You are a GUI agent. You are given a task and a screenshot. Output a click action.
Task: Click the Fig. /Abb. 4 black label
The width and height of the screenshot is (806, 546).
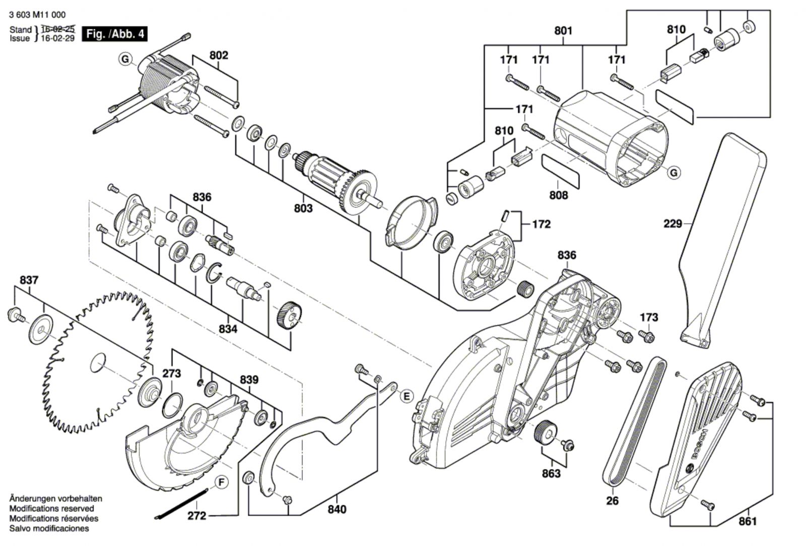pyautogui.click(x=115, y=34)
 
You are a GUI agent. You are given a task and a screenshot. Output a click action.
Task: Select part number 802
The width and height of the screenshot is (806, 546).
pyautogui.click(x=219, y=55)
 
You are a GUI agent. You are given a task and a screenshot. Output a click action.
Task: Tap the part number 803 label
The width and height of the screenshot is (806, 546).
pyautogui.click(x=303, y=208)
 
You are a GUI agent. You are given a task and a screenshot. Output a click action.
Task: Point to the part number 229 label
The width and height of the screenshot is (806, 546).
pyautogui.click(x=673, y=223)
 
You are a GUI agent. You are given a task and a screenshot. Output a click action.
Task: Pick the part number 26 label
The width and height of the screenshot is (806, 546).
pyautogui.click(x=613, y=501)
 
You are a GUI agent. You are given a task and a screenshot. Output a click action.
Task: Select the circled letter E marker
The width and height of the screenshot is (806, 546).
pyautogui.click(x=407, y=396)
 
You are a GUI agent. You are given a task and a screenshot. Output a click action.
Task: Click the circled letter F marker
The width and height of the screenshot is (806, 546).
pyautogui.click(x=220, y=483)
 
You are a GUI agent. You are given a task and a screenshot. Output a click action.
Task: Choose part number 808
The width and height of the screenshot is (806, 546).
pyautogui.click(x=558, y=195)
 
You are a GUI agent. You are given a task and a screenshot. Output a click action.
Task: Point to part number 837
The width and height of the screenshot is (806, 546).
pyautogui.click(x=29, y=280)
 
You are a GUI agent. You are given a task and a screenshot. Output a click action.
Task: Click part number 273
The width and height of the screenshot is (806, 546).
pyautogui.click(x=171, y=374)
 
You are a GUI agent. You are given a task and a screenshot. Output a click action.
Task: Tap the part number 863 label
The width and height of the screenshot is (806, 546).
pyautogui.click(x=551, y=474)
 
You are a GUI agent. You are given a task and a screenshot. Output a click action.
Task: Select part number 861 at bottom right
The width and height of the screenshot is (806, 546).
pyautogui.click(x=748, y=521)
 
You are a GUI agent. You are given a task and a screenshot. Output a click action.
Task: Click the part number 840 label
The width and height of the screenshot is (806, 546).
pyautogui.click(x=337, y=510)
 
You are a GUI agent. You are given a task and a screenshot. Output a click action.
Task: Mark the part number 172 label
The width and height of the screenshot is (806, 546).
pyautogui.click(x=541, y=224)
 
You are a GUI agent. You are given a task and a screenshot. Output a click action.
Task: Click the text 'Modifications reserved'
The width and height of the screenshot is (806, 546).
pyautogui.click(x=51, y=509)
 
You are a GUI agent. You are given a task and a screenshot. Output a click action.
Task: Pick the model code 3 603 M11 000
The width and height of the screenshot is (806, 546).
pyautogui.click(x=37, y=15)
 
